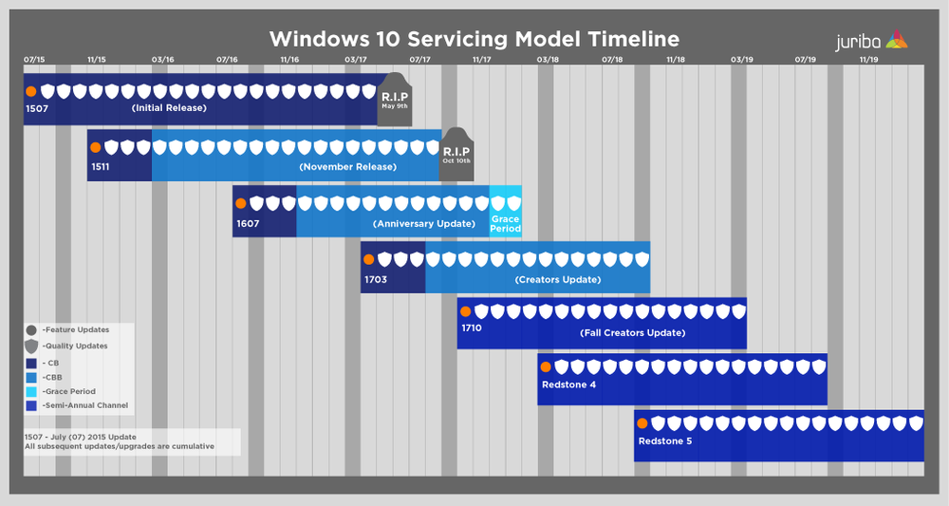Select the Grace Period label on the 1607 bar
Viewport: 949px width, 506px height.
point(505,224)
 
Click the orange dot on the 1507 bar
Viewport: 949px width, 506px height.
point(31,91)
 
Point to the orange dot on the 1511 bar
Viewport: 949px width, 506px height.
point(95,147)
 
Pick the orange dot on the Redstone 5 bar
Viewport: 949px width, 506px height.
point(642,423)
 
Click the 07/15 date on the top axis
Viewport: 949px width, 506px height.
point(34,60)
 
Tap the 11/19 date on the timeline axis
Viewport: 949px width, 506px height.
point(868,60)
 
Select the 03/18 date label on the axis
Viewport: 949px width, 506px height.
point(547,60)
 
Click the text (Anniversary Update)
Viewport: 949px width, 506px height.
point(424,224)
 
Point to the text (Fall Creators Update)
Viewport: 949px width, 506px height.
point(632,333)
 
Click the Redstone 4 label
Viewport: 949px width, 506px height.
point(568,384)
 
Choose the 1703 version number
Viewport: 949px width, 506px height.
point(376,280)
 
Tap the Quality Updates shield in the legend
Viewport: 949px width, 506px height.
point(31,347)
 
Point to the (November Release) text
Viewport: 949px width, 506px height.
point(347,167)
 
